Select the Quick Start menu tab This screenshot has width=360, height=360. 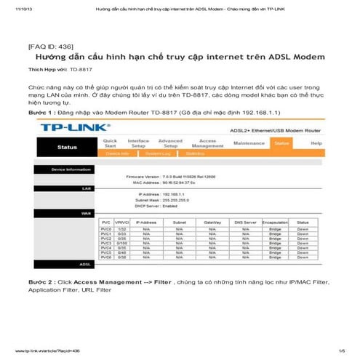[x=111, y=143]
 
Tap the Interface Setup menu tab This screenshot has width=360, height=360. [x=138, y=143]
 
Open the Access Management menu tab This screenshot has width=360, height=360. [x=207, y=143]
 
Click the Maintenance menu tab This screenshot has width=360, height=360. [x=249, y=143]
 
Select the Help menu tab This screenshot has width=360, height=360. [x=316, y=143]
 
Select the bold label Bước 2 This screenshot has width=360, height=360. [x=41, y=281]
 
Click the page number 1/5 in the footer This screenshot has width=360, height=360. [x=341, y=351]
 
